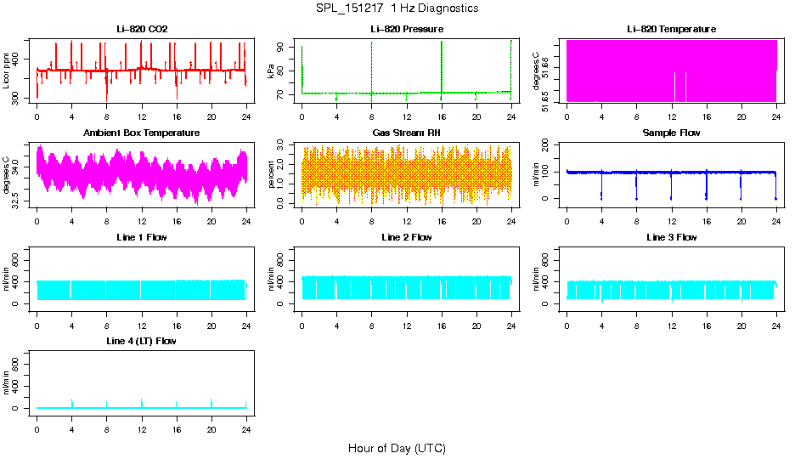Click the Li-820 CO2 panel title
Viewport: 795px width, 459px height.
point(142,29)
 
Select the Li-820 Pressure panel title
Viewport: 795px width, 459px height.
point(407,29)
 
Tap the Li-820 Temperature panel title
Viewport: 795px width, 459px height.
point(671,29)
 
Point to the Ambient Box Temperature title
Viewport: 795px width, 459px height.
point(142,133)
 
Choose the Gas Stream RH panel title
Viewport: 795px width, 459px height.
point(407,133)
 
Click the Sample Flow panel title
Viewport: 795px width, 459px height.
point(671,133)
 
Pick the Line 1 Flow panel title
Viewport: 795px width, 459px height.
point(142,237)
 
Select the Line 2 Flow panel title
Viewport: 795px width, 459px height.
point(407,237)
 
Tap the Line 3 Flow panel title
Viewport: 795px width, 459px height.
point(671,237)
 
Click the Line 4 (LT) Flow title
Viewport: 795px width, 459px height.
point(142,341)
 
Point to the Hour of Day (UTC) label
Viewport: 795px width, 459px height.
point(397,448)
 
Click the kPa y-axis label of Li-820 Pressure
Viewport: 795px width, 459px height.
point(271,71)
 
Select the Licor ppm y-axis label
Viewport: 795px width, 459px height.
point(7,71)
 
